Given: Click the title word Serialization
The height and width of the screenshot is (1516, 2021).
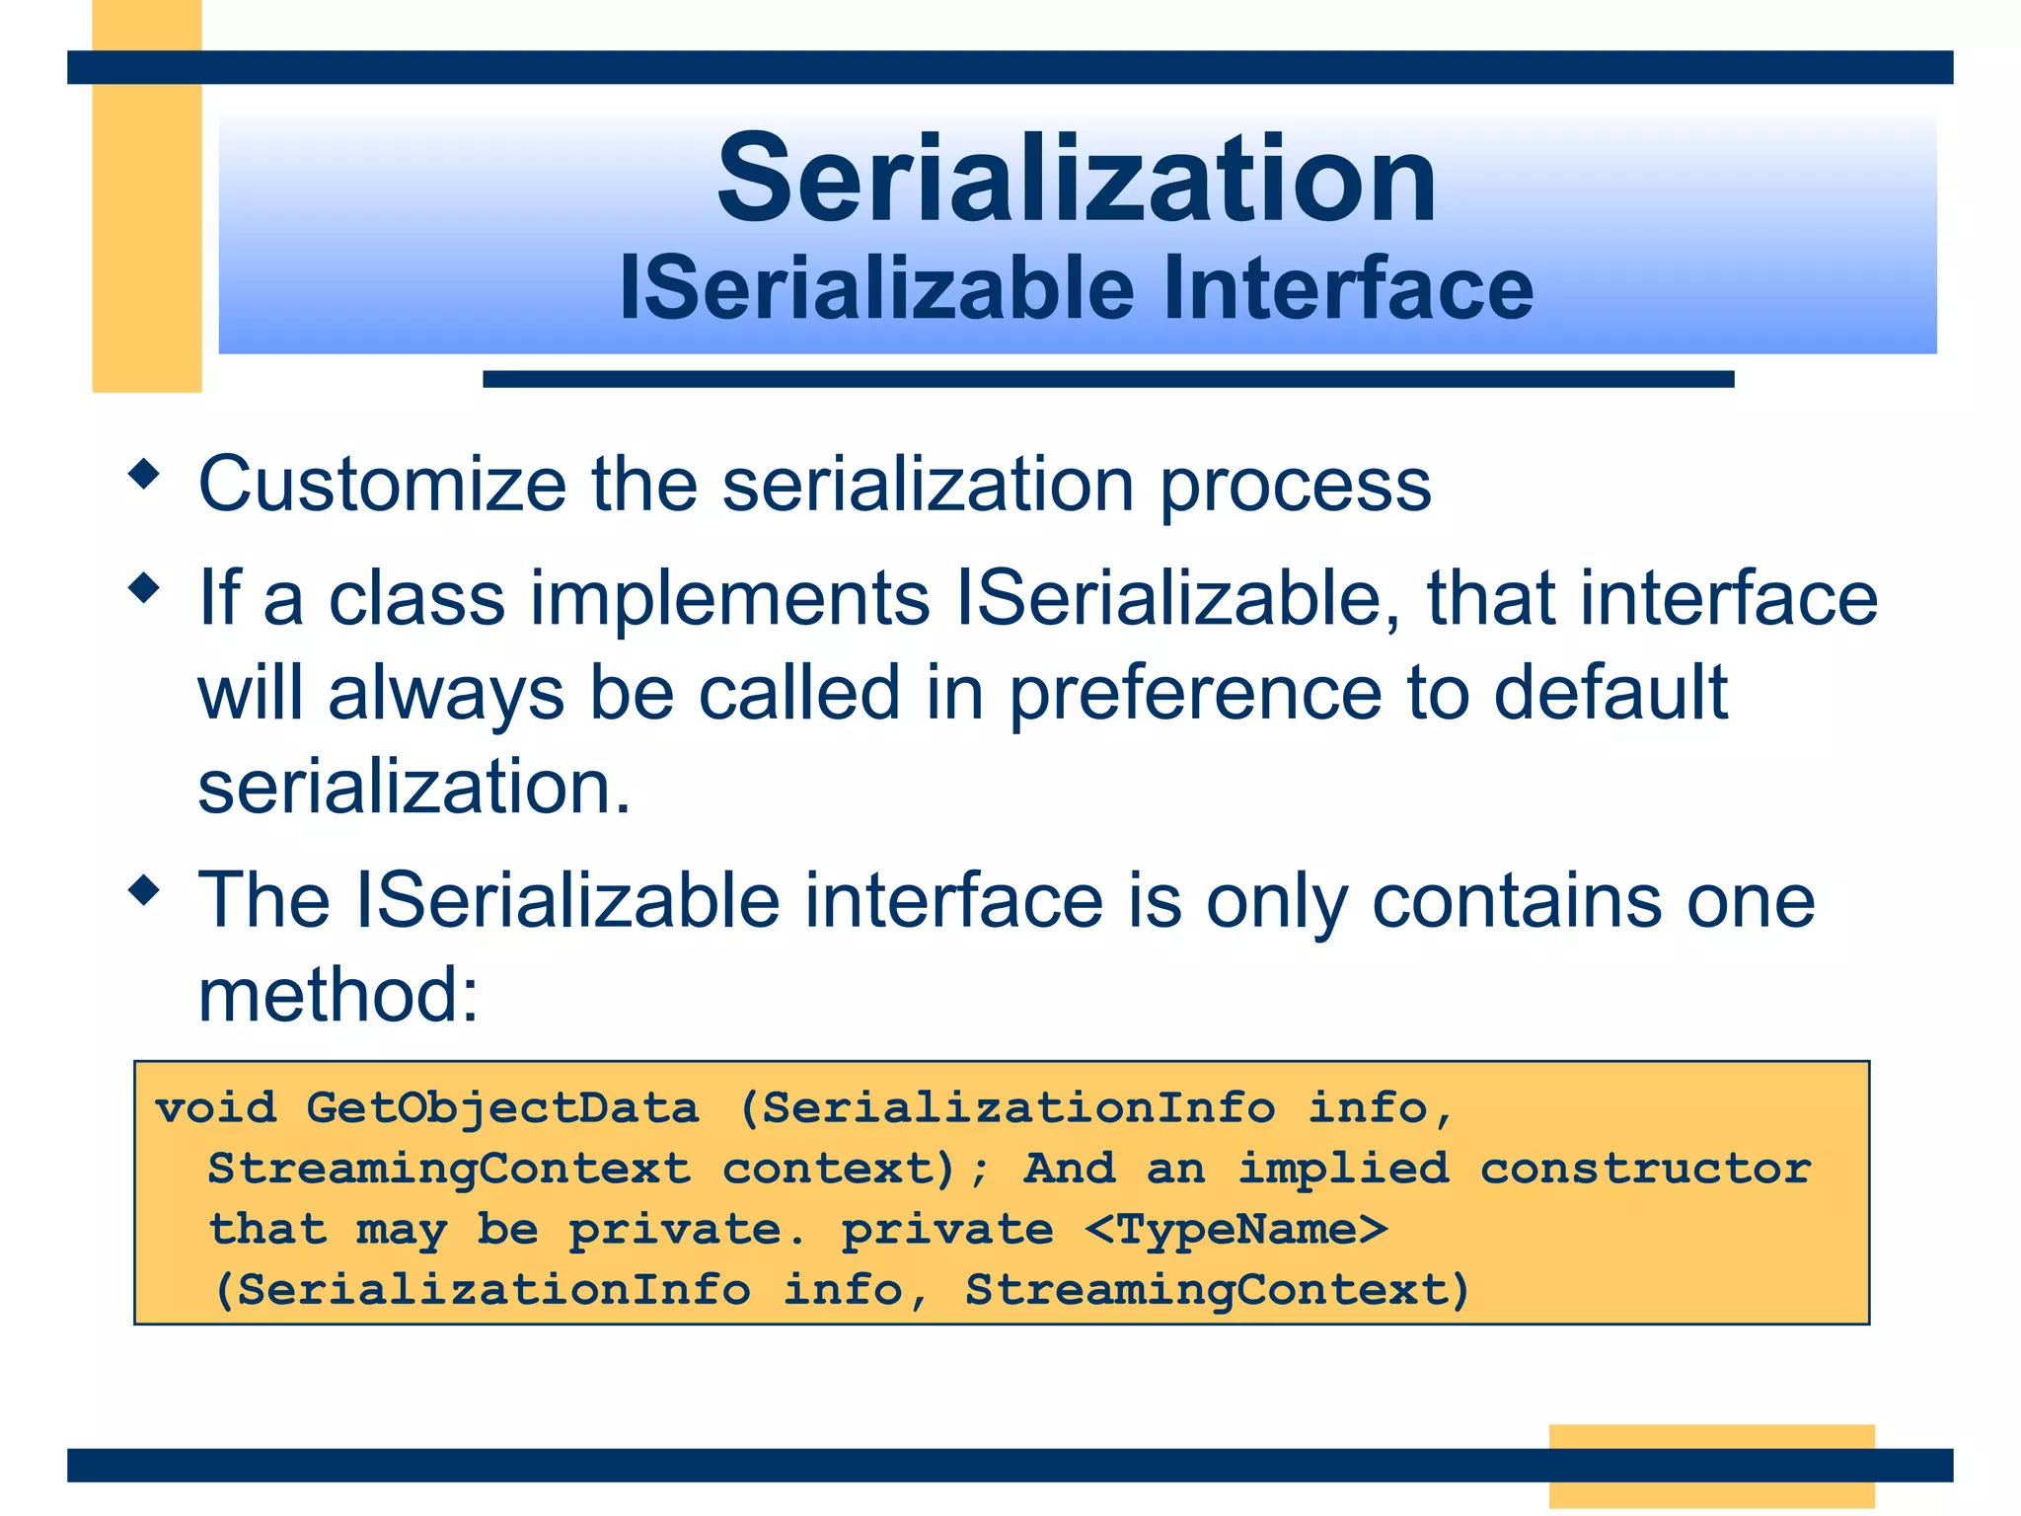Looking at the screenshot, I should coord(1076,180).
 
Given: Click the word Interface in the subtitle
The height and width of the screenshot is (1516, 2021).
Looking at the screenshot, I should coord(1347,288).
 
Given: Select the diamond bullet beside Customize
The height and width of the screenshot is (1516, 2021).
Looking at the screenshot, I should coord(145,475).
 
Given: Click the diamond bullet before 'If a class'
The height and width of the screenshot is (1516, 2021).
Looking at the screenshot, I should coord(145,588).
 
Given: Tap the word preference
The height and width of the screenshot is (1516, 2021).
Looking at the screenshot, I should coord(1194,694).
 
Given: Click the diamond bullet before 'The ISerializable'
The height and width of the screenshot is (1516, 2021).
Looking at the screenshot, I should coord(145,890).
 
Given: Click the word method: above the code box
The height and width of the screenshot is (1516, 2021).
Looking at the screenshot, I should coord(338,995).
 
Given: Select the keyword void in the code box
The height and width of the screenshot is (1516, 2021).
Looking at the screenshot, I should coord(216,1108).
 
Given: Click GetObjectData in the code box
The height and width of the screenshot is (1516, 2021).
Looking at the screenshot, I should coord(502,1108).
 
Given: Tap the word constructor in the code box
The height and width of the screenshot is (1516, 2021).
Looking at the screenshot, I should coord(1645,1170).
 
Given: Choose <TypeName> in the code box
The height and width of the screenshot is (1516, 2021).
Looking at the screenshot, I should coord(1236,1230).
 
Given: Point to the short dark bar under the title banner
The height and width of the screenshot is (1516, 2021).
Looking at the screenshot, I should coord(1107,379).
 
